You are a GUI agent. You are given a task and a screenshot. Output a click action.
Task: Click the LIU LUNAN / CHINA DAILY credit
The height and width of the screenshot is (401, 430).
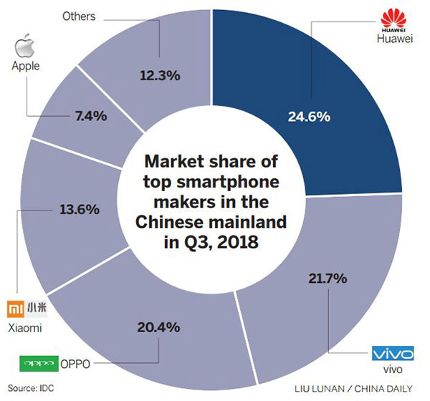pos(363,390)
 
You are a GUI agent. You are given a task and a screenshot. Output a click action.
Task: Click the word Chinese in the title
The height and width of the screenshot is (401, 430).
pos(176,216)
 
